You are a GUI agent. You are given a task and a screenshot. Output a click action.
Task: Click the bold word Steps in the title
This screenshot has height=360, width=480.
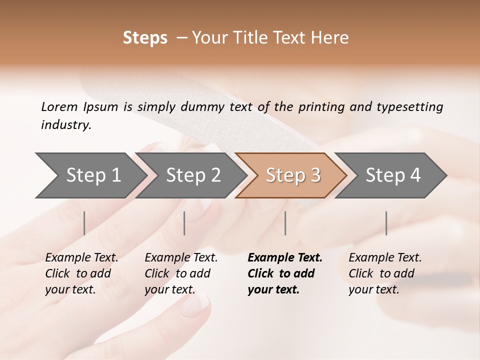[145, 38]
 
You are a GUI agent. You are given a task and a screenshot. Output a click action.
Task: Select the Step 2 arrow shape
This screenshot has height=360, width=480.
[193, 175]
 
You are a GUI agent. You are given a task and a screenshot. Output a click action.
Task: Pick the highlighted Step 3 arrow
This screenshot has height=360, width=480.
[293, 175]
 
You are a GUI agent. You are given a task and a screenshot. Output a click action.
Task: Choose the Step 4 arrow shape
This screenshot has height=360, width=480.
[393, 175]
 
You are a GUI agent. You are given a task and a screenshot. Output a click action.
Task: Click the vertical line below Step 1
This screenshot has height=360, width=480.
[84, 223]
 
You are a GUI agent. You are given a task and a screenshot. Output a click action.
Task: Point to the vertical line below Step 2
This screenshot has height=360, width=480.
[184, 223]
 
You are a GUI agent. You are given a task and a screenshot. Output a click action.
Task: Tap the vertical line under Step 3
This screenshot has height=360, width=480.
[285, 223]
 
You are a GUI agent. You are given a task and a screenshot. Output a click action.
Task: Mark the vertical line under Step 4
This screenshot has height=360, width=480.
[386, 223]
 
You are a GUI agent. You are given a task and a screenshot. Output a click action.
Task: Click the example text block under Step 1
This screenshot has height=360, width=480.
[81, 273]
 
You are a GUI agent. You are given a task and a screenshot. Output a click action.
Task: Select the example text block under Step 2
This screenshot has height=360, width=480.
[181, 273]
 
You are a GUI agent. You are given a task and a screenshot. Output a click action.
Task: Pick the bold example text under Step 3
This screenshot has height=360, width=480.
[285, 273]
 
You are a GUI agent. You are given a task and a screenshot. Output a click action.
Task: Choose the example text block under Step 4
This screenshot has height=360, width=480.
[385, 273]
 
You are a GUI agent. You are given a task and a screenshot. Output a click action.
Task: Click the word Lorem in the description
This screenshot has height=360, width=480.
[59, 106]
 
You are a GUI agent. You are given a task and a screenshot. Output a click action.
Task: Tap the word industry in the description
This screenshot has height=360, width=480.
[65, 125]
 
